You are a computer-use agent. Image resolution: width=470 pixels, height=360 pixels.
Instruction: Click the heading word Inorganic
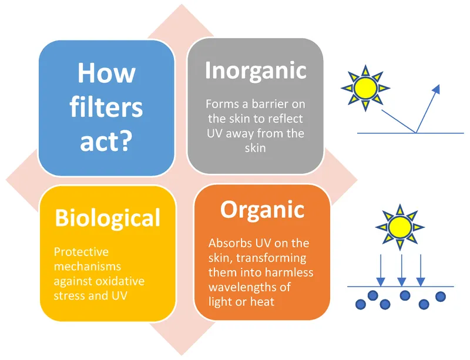coord(256,70)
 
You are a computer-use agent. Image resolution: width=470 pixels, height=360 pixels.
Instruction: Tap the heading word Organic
coord(262,210)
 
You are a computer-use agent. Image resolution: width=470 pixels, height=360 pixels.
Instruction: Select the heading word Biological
coord(108,218)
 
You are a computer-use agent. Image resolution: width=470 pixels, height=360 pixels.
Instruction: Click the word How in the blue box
coord(106,74)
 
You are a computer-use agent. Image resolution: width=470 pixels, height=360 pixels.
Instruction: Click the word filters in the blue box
coord(106,107)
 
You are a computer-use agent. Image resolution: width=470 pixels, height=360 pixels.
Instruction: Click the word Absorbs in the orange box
coord(230,243)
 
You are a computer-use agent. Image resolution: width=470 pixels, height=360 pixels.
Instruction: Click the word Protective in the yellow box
coord(81,251)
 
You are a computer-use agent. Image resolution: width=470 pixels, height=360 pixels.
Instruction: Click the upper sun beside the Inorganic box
coord(365,88)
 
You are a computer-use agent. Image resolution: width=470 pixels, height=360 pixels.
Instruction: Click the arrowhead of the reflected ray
coord(437,89)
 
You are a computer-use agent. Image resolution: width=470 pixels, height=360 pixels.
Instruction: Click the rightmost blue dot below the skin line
coord(441,296)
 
